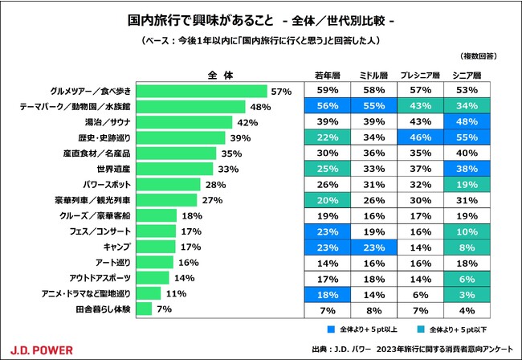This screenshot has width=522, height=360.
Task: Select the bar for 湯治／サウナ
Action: [184, 122]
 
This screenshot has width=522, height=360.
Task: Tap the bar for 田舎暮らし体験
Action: [145, 308]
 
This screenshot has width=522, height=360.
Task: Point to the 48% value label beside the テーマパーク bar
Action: [259, 107]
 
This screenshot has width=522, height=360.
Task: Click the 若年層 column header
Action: [327, 76]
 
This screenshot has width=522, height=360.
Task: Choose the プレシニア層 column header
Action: [420, 76]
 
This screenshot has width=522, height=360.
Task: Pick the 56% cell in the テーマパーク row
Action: [327, 107]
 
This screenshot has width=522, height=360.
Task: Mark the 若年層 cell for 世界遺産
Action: [327, 169]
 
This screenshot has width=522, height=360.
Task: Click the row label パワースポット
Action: [100, 184]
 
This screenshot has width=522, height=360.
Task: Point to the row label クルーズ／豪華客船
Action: [95, 215]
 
